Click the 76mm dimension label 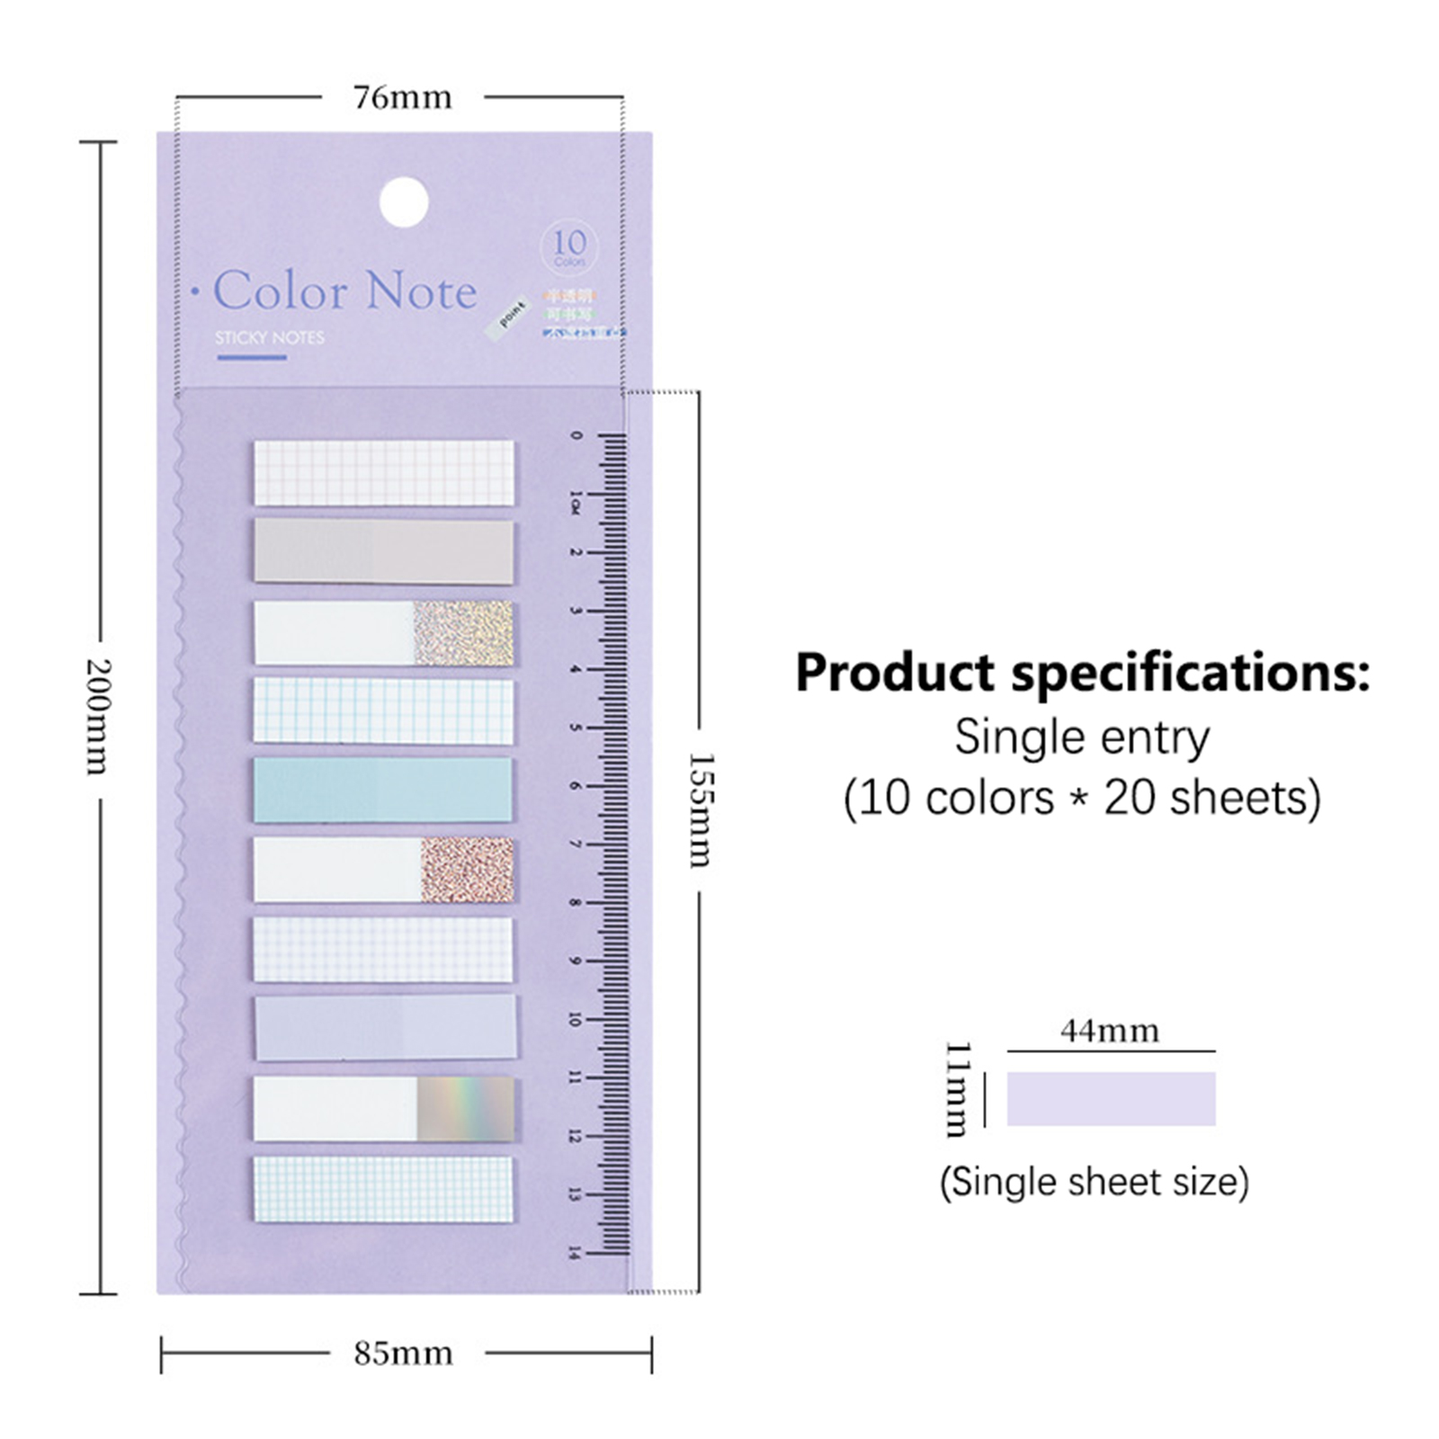click(402, 97)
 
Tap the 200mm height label click(96, 716)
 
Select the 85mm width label click(403, 1353)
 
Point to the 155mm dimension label click(700, 809)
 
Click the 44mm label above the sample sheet click(1110, 1030)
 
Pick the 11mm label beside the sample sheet click(959, 1089)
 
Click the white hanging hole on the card click(404, 202)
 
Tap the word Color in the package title click(281, 290)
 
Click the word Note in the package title click(421, 290)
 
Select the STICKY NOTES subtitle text click(270, 337)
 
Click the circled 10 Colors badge click(569, 246)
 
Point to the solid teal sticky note click(383, 790)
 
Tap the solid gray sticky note click(383, 551)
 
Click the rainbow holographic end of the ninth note click(466, 1109)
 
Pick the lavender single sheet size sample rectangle click(1111, 1098)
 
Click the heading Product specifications click(1082, 673)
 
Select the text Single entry click(1082, 738)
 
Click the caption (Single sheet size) click(1095, 1181)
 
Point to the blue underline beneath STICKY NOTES click(252, 357)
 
